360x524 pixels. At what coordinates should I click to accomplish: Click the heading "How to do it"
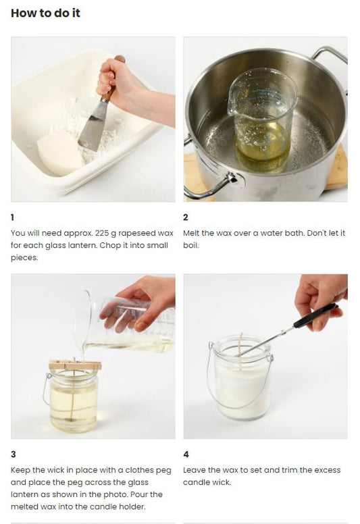pos(45,13)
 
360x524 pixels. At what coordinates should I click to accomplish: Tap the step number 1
pos(12,217)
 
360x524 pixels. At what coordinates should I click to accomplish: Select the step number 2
pos(186,217)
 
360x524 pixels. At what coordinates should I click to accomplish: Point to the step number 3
pos(13,454)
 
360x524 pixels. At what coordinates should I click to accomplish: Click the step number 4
pos(186,454)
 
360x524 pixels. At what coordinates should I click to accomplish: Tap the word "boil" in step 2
pos(190,245)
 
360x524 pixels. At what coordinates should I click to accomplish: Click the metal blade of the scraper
pos(91,126)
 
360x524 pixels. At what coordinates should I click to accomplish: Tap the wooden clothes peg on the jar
pos(75,365)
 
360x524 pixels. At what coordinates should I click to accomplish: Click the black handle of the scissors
pos(315,315)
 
